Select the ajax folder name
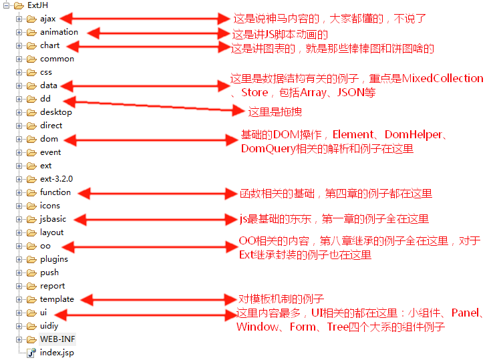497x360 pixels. (49, 19)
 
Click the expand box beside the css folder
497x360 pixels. (19, 72)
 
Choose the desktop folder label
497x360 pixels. (55, 112)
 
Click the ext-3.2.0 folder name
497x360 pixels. (56, 179)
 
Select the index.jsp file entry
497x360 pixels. (57, 353)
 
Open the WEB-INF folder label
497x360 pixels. (57, 339)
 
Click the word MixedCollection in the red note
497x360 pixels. (442, 79)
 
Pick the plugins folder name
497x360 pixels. (53, 259)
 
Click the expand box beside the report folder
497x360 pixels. (19, 286)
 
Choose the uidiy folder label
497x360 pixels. (50, 326)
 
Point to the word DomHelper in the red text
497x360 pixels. (413, 135)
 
